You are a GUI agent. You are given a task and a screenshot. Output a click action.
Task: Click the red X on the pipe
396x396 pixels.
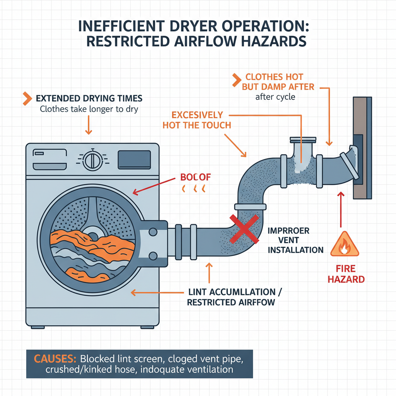click(244, 229)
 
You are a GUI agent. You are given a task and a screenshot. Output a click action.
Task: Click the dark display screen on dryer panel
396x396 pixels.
click(134, 160)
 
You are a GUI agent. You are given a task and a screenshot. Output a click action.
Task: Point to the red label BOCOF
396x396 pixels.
click(196, 178)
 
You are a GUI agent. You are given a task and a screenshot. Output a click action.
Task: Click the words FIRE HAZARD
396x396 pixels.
click(346, 273)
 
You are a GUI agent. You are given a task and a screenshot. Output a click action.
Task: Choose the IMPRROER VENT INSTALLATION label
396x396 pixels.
click(295, 240)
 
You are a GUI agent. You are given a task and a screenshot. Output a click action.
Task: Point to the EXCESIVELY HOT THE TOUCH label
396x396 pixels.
click(197, 120)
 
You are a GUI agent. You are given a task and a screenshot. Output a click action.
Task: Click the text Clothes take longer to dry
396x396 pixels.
click(89, 109)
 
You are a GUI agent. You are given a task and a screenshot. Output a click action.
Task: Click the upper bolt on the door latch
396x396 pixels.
click(153, 232)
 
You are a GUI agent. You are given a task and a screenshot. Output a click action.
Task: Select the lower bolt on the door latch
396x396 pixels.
click(153, 256)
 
